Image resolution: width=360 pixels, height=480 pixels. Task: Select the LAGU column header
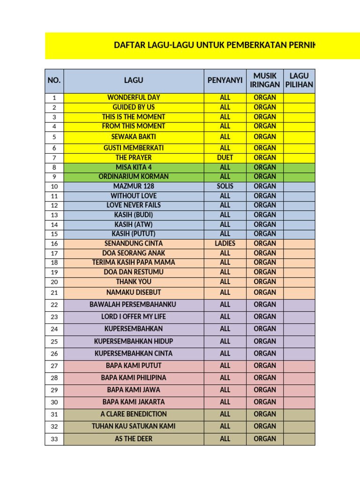pos(134,81)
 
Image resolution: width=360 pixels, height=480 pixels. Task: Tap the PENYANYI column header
pos(225,81)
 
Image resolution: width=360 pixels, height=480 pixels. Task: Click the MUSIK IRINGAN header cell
pos(265,81)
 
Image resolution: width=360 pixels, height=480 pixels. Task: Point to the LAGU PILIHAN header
pos(299,81)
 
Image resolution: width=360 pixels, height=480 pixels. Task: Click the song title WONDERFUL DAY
pos(134,97)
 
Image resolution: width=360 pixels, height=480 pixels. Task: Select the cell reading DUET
pos(225,157)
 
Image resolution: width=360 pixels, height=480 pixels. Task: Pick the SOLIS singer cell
pos(225,186)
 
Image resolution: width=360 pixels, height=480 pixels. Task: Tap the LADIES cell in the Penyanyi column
pos(225,243)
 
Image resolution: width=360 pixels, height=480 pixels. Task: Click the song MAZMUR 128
pos(134,186)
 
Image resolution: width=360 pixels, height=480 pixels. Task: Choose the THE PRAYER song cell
pos(134,157)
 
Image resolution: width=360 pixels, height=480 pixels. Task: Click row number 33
pos(54,439)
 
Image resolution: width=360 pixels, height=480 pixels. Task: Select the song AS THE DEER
pos(134,439)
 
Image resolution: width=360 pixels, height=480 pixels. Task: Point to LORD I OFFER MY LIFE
pos(134,317)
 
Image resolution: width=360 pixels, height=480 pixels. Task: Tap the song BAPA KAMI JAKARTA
pos(134,402)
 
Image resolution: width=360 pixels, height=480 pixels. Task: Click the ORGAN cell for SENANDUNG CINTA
pos(265,243)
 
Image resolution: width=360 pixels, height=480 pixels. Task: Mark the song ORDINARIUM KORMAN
pos(134,177)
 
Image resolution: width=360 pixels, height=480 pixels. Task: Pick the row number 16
pos(54,244)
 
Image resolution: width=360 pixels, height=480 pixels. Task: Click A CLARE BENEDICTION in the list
pos(134,414)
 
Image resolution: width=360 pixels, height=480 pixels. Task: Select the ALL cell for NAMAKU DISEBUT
pos(225,292)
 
